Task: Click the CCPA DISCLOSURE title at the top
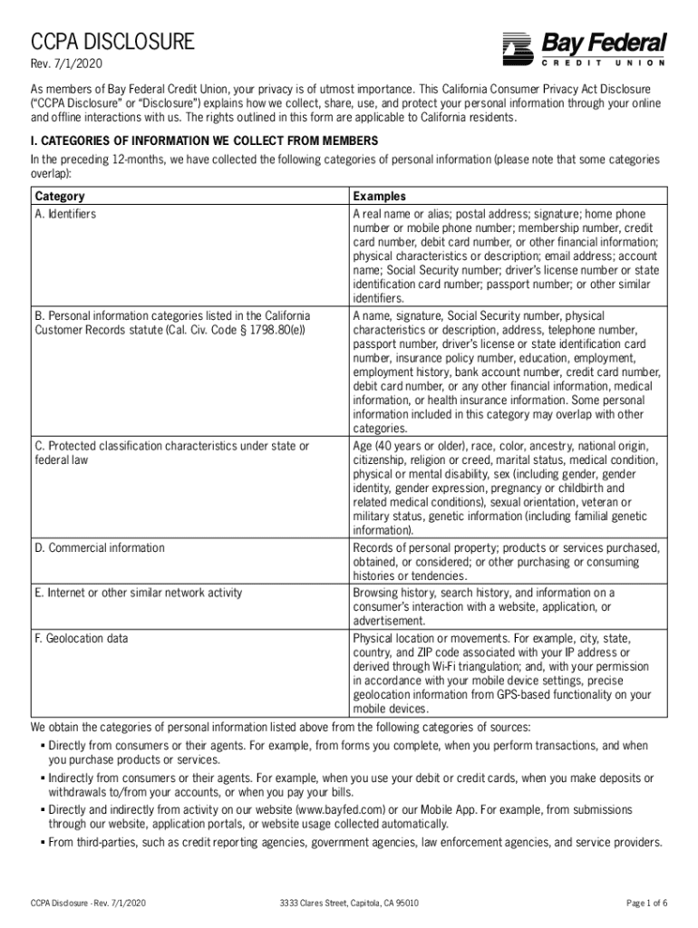pyautogui.click(x=113, y=41)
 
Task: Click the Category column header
pyautogui.click(x=60, y=196)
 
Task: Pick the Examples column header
pyautogui.click(x=379, y=196)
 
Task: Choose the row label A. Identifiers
pyautogui.click(x=65, y=214)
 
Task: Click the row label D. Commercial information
pyautogui.click(x=100, y=547)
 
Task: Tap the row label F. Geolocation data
pyautogui.click(x=81, y=638)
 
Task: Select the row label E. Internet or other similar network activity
pyautogui.click(x=139, y=593)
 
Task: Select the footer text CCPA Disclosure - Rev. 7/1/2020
pyautogui.click(x=88, y=903)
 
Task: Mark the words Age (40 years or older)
pyautogui.click(x=408, y=446)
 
